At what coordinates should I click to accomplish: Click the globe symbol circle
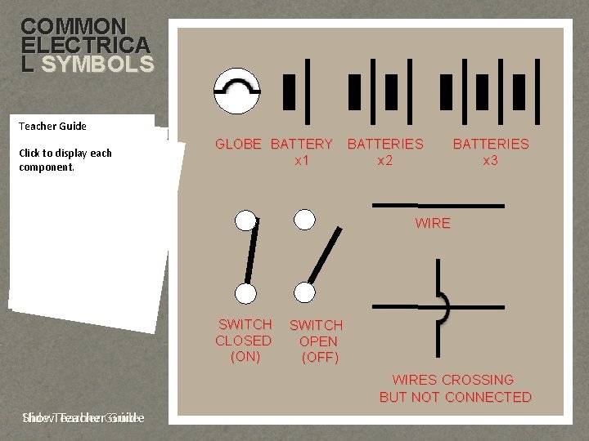(236, 91)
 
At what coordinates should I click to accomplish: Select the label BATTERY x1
(302, 153)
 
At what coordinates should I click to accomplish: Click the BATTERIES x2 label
(385, 153)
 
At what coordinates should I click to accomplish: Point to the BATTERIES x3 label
(491, 153)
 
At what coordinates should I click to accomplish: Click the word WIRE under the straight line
(433, 224)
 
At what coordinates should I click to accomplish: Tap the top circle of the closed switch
(245, 220)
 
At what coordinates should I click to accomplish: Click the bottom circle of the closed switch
(245, 293)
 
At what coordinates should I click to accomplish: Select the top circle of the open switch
(304, 219)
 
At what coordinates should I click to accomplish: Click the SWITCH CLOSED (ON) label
(244, 341)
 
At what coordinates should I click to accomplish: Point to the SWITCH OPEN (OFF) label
(317, 341)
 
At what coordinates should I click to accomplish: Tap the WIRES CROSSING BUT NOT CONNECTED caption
(455, 389)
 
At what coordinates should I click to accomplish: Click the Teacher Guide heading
(52, 127)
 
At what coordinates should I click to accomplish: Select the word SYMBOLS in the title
(97, 65)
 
